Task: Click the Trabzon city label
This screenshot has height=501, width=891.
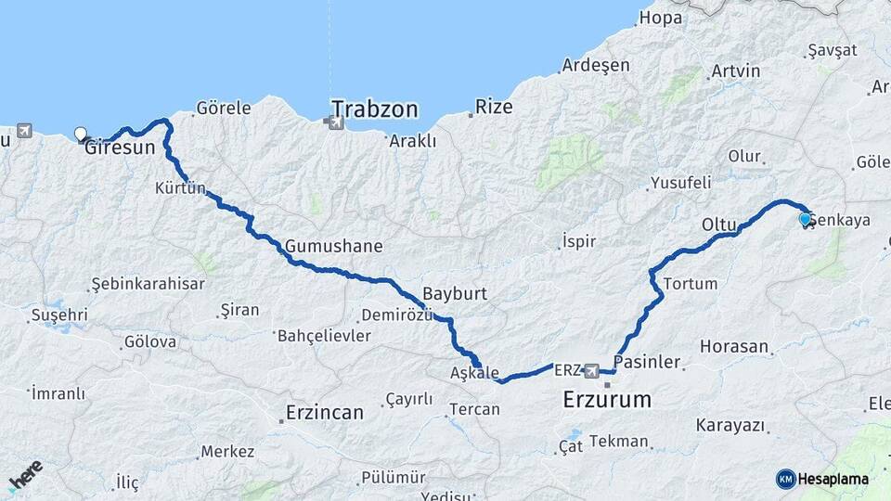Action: click(375, 109)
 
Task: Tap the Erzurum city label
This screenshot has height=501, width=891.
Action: click(607, 401)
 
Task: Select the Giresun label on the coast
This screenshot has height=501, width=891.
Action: click(120, 147)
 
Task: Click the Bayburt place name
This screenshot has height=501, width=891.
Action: click(454, 293)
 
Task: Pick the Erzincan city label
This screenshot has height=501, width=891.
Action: click(325, 413)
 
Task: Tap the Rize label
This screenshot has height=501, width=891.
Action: click(494, 107)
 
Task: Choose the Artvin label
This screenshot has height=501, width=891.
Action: click(735, 71)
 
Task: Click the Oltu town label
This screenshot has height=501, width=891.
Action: click(719, 225)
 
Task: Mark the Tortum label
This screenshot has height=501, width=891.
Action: click(691, 283)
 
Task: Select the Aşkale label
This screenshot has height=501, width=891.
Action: click(474, 372)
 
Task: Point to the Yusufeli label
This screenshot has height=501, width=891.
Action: click(680, 183)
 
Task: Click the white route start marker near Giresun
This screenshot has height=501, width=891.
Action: click(81, 134)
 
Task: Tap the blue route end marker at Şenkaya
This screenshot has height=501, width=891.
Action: click(805, 219)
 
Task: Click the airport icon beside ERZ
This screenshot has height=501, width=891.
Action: click(591, 371)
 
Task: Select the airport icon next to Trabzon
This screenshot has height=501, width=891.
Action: click(328, 121)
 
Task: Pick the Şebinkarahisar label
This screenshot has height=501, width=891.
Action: click(148, 284)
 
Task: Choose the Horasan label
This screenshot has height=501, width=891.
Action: click(734, 347)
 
